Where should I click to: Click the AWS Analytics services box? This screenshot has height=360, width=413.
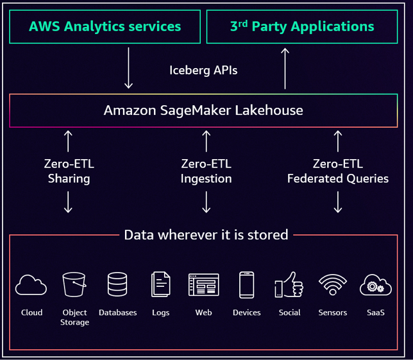105,27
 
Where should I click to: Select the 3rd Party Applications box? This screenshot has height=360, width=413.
302,27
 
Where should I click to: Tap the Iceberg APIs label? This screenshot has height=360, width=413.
203,70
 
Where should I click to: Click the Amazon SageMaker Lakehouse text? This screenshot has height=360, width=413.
203,110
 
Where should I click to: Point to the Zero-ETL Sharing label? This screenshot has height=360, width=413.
69,171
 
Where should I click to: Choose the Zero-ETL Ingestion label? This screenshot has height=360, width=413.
206,171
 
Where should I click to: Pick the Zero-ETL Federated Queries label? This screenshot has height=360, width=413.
338,171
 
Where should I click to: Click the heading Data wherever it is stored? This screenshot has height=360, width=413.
206,234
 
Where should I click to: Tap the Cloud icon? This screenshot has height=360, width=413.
31,284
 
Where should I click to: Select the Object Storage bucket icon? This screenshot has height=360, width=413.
74,284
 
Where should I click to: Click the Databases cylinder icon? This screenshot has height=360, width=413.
117,284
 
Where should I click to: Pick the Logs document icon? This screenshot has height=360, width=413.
161,285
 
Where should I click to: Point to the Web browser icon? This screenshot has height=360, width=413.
203,284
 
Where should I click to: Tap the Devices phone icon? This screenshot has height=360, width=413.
246,285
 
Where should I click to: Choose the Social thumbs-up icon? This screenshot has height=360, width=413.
289,284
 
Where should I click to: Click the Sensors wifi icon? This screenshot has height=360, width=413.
332,284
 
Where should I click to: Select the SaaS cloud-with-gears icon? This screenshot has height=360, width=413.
376,284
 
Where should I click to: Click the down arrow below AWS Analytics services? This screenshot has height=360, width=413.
128,67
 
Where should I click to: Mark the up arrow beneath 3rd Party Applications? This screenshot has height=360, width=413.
285,67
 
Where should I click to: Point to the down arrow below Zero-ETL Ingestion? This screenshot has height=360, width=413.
206,201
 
